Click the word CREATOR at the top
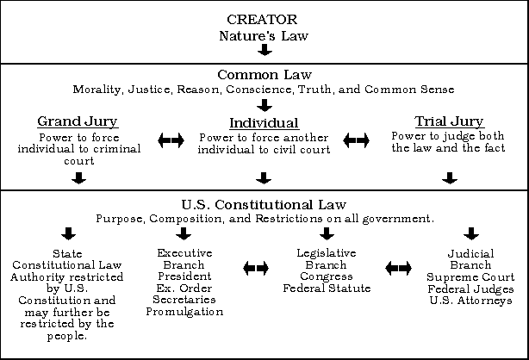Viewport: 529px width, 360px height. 262,20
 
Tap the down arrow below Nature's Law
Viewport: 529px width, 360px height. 264,50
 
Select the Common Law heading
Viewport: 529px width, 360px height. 264,75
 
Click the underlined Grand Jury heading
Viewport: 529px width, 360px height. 78,121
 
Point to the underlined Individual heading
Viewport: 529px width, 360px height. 264,123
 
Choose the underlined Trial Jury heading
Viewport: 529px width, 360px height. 450,121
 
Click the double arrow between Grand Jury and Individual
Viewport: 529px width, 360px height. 171,140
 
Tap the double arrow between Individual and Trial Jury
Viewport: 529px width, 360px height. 357,140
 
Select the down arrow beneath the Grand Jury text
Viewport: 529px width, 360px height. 79,178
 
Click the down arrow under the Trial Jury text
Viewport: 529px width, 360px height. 450,178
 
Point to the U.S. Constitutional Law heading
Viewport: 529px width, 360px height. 264,205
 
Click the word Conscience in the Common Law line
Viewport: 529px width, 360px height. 258,90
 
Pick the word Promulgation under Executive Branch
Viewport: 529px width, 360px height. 184,312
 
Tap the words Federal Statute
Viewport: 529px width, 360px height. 327,289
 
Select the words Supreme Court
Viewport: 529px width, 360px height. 470,277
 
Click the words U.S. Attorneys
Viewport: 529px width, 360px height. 471,301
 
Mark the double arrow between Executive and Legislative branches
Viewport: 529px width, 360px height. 256,268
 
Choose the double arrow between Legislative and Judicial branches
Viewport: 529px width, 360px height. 398,268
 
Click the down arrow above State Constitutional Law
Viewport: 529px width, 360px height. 68,233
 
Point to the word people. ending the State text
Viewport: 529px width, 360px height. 67,336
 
